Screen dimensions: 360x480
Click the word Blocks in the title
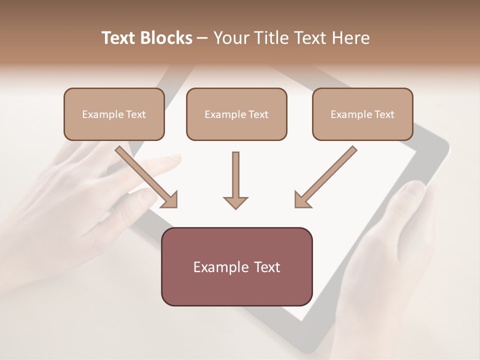(x=165, y=38)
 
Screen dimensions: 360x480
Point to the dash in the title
(x=202, y=38)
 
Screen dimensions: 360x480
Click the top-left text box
(x=114, y=114)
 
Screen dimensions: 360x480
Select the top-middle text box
(x=236, y=114)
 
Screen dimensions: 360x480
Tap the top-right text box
(x=362, y=114)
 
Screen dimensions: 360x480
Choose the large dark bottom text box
(x=236, y=266)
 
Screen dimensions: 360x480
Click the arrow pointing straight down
(x=235, y=180)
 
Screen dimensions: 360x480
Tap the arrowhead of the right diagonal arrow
(x=302, y=200)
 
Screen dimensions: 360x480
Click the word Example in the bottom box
(x=221, y=267)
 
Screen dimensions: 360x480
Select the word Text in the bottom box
(x=266, y=267)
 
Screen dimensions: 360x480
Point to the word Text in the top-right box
(x=384, y=114)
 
